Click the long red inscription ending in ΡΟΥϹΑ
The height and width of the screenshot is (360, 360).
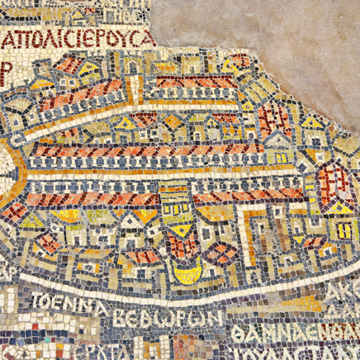[x=79, y=39]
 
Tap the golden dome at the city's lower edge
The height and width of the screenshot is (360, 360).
[x=188, y=273]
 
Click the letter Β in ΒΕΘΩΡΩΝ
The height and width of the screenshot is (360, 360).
[x=126, y=317]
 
